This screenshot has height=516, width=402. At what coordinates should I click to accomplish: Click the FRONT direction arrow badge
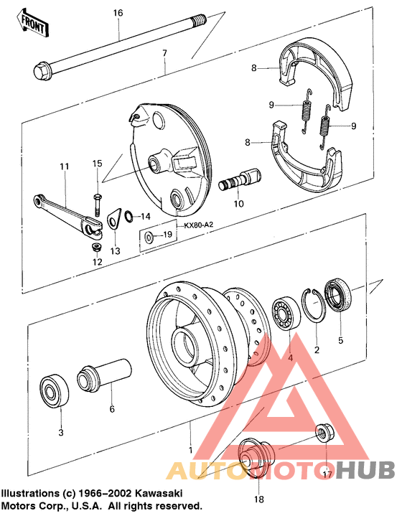click(34, 24)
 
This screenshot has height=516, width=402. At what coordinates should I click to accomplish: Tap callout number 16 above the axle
click(118, 13)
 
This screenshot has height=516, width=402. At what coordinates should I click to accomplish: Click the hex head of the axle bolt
click(42, 70)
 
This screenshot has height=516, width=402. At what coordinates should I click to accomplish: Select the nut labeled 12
click(97, 247)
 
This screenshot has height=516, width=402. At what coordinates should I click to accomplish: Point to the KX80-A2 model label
click(199, 225)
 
